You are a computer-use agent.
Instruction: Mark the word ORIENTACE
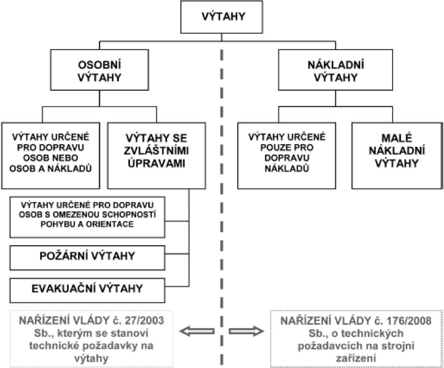tap(110, 224)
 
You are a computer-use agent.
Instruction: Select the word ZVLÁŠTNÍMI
tap(156, 151)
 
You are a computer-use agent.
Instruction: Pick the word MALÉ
tap(397, 138)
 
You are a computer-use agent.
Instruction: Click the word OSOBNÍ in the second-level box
tap(99, 65)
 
